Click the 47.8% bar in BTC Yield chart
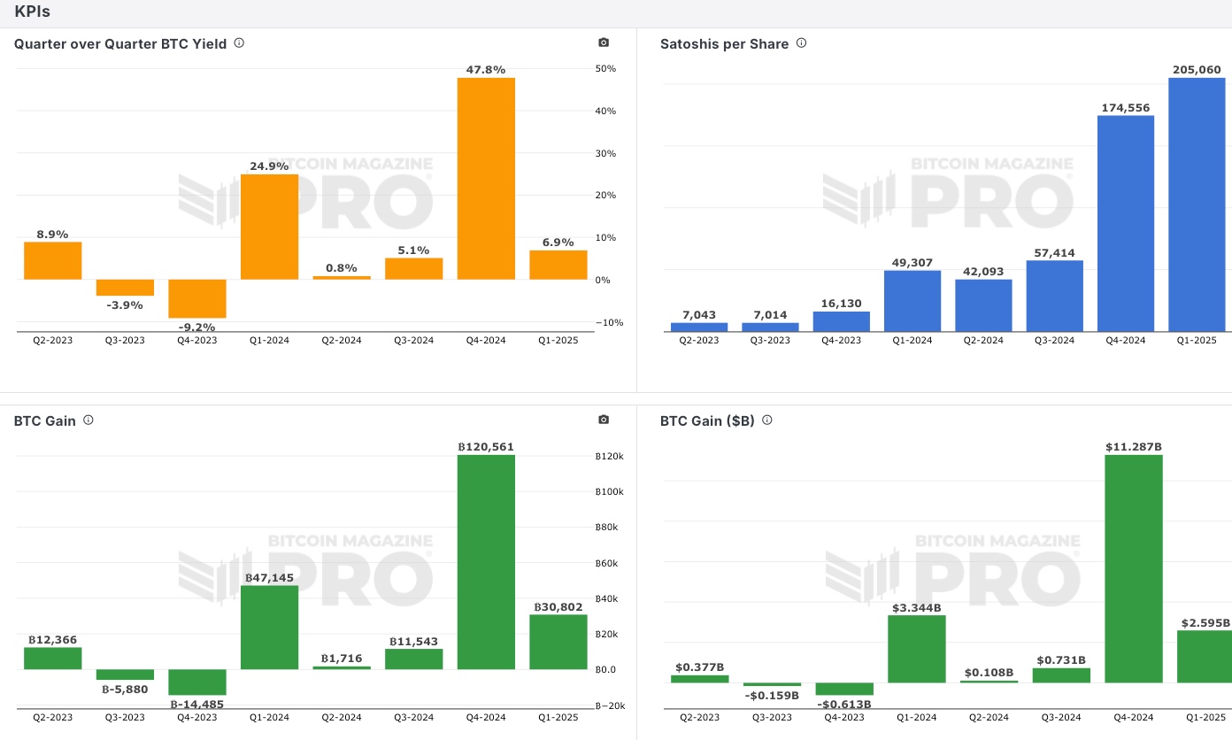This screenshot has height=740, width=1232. coord(486,179)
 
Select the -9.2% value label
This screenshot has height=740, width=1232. coord(196,327)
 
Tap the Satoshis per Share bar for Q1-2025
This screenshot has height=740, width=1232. coord(1197,205)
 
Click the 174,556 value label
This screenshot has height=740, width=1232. coord(1125,108)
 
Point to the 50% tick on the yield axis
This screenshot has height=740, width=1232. coord(605,69)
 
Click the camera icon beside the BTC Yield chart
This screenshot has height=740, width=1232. coord(604,42)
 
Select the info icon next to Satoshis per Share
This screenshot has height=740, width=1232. coord(801,42)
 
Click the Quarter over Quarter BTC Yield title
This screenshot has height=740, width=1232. coord(120,43)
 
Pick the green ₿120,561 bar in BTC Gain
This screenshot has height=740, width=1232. coord(486,562)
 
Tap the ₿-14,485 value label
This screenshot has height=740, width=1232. coord(196,705)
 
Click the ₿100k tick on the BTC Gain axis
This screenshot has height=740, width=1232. coord(610,492)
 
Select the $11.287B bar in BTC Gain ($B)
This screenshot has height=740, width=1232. coord(1134,568)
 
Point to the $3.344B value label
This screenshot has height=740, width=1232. coord(916,607)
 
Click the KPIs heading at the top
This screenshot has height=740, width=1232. coord(32,12)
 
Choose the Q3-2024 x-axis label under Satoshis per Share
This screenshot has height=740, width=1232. coord(1054,341)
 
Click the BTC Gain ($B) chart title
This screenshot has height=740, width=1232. coord(707,421)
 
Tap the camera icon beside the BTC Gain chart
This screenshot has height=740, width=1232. coord(604,420)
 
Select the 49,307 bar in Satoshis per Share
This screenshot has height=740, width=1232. coord(912,301)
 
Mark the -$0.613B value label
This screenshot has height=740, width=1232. coord(843,704)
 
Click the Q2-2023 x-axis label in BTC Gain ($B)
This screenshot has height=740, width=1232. coord(699,717)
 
